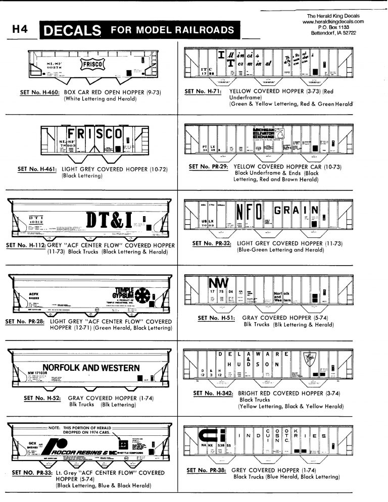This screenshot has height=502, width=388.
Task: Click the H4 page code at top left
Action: [19, 30]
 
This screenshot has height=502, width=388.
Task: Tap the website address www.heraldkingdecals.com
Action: [333, 22]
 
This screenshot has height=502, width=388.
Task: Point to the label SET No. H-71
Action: [206, 92]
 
